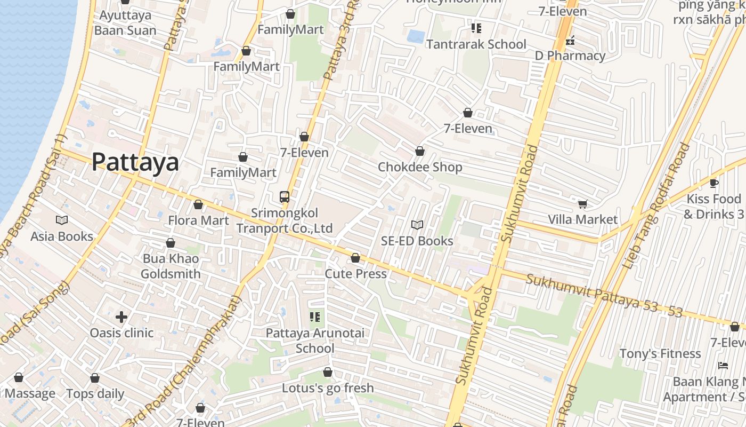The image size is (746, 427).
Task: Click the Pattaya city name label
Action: pyautogui.click(x=135, y=162)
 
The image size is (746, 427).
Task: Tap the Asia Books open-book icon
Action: pyautogui.click(x=62, y=220)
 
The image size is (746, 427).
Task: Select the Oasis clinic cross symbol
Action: pyautogui.click(x=121, y=317)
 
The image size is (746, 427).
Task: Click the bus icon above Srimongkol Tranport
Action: pyautogui.click(x=285, y=196)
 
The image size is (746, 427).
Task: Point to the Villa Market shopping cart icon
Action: pyautogui.click(x=582, y=204)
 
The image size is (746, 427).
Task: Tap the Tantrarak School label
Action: pyautogui.click(x=476, y=44)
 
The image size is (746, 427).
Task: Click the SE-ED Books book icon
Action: pyautogui.click(x=417, y=225)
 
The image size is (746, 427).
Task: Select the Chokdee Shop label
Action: pyautogui.click(x=420, y=167)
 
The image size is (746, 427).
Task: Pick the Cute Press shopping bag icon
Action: pyautogui.click(x=355, y=258)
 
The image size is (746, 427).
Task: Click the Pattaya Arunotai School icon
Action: pyautogui.click(x=315, y=318)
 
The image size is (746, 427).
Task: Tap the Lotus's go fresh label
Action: pyautogui.click(x=328, y=388)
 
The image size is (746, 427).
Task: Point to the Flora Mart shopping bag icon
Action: pyautogui.click(x=198, y=205)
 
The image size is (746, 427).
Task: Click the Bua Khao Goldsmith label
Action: pyautogui.click(x=171, y=266)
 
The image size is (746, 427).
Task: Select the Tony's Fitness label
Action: pyautogui.click(x=660, y=353)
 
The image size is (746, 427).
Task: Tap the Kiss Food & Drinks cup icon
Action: pyautogui.click(x=714, y=184)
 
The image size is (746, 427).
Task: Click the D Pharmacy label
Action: pyautogui.click(x=570, y=56)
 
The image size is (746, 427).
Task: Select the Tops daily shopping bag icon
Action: pyautogui.click(x=95, y=378)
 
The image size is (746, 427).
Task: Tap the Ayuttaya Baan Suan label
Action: pyautogui.click(x=125, y=22)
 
